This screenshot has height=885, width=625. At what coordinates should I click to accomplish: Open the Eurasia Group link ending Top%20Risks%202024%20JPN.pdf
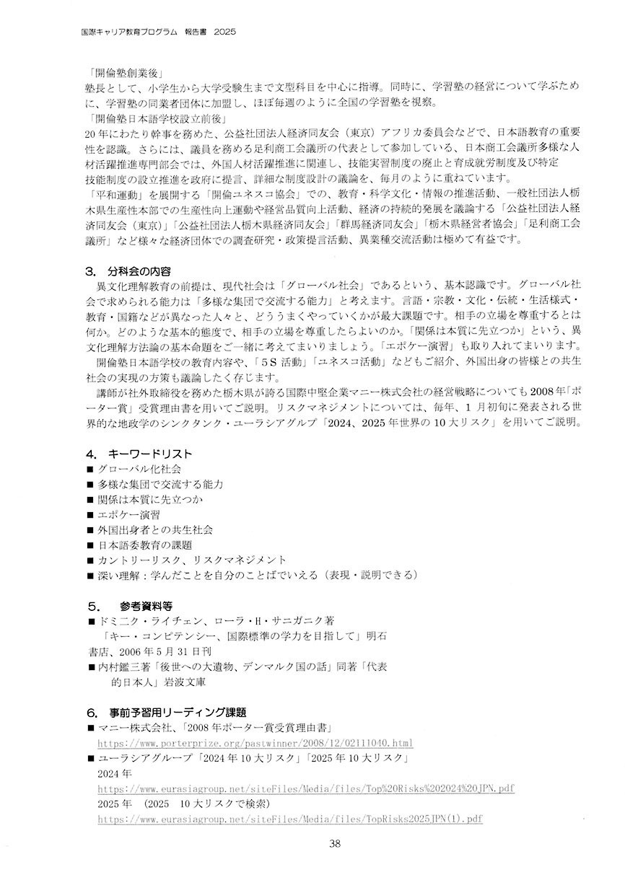tap(306, 788)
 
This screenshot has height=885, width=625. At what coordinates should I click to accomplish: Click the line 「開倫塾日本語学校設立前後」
tap(154, 118)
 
